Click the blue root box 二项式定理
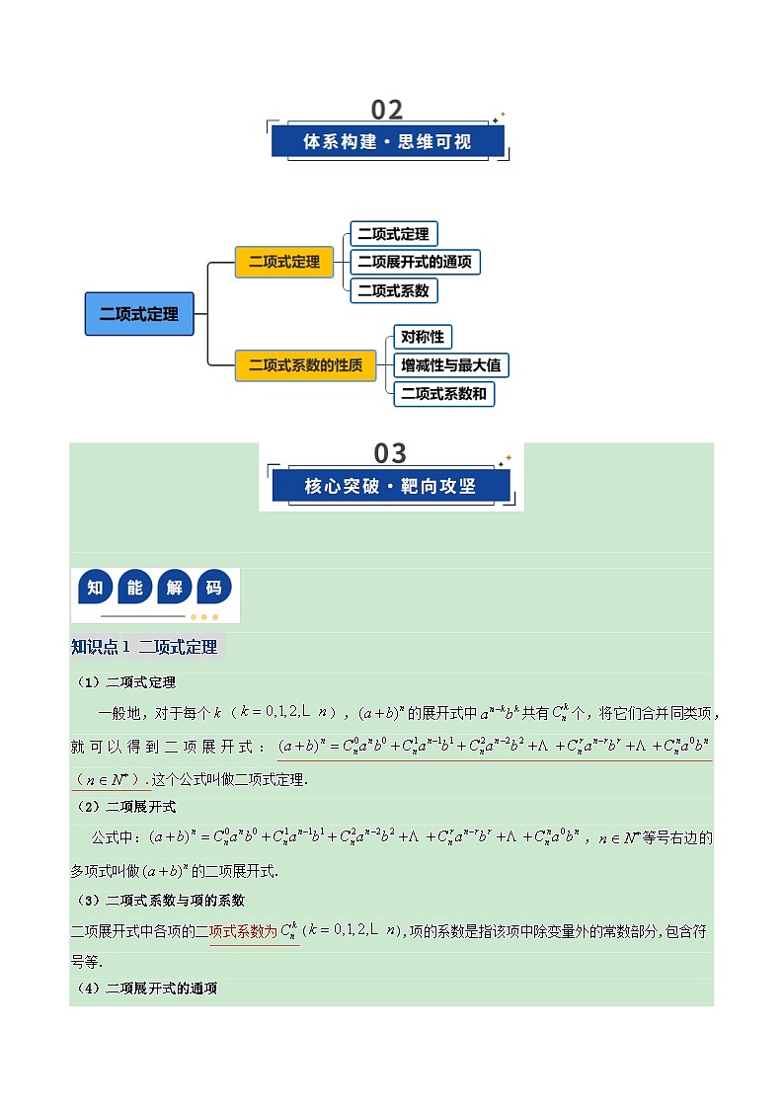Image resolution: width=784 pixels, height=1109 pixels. [139, 314]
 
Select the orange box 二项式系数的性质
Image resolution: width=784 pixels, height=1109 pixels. [306, 364]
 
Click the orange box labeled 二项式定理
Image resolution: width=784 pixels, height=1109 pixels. [284, 262]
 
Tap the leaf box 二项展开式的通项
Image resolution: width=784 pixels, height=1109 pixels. [415, 262]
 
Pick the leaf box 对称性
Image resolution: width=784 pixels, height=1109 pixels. [422, 337]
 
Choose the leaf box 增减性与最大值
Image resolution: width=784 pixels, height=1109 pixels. [450, 365]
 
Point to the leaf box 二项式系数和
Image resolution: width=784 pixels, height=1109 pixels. [443, 393]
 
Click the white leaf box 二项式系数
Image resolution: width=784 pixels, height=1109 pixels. [393, 290]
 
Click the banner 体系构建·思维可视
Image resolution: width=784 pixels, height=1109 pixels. [387, 141]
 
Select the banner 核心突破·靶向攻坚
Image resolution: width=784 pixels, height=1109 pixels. [390, 486]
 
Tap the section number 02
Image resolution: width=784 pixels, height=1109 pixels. [387, 110]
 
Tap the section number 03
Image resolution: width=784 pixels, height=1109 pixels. [390, 453]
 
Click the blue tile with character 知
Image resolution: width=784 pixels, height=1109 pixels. [95, 589]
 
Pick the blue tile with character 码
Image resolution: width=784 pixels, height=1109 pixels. [216, 589]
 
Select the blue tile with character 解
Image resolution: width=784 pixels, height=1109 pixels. [175, 589]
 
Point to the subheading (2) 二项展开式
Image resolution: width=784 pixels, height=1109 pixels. [126, 807]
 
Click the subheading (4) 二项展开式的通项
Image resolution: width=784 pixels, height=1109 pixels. [147, 989]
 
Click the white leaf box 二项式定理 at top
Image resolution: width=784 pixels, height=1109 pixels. [393, 234]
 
